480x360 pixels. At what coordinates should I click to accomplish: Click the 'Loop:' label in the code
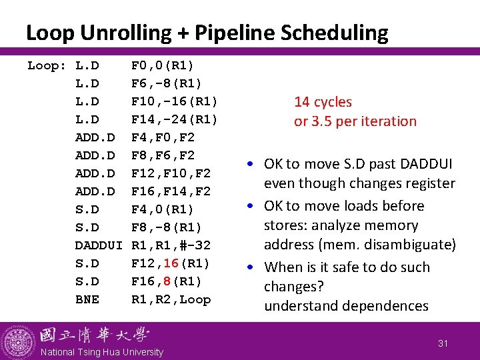47,65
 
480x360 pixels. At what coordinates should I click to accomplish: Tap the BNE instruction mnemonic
87,299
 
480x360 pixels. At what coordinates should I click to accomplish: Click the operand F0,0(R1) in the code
163,65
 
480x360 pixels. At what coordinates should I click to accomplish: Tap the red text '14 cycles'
323,102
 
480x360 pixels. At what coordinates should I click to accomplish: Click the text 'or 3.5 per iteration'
355,121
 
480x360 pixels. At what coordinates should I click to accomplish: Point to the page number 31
443,343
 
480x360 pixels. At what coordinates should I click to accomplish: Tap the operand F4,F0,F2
163,137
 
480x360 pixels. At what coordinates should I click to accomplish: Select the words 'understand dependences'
346,306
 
